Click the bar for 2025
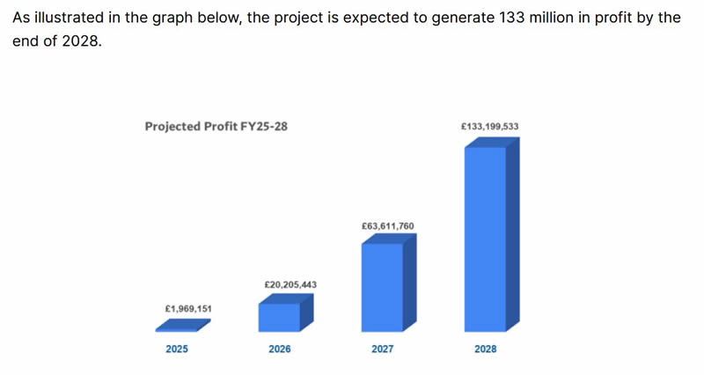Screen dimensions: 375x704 click(x=183, y=326)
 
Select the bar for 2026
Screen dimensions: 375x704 click(x=279, y=317)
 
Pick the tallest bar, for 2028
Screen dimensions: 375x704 click(x=485, y=238)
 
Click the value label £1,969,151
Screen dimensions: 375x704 click(x=188, y=309)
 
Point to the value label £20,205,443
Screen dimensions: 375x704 click(x=290, y=285)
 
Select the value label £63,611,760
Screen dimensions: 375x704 click(x=387, y=226)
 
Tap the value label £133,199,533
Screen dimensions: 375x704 click(x=489, y=127)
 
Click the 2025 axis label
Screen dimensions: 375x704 click(x=177, y=349)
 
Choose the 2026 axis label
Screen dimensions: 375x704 click(x=280, y=349)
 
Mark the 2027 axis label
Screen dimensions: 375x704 click(x=382, y=349)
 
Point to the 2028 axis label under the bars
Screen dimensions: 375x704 click(x=485, y=349)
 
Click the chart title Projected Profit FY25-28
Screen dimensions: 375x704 click(x=216, y=127)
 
